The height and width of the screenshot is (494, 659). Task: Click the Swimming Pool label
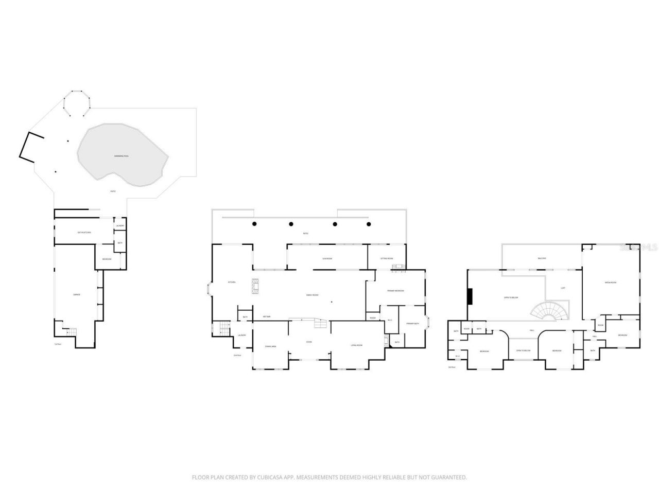click(122, 156)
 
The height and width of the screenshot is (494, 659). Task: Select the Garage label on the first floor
click(76, 294)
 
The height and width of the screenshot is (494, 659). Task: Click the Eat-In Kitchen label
click(84, 233)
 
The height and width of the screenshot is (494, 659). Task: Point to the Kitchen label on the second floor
click(232, 282)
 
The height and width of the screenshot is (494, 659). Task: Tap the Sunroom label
click(327, 258)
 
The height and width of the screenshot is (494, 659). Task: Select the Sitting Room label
click(387, 258)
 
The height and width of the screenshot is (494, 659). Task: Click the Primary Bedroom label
click(395, 291)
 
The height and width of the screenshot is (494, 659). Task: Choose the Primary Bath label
click(413, 324)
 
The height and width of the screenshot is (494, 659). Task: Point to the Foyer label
click(309, 342)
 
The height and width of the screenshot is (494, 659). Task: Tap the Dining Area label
click(270, 346)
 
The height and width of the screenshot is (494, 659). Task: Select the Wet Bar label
click(267, 316)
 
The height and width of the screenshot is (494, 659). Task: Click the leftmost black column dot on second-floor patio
click(254, 224)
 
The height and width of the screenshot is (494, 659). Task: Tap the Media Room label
click(611, 283)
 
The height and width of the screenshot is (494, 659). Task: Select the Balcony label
click(542, 258)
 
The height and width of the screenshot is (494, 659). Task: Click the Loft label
click(563, 288)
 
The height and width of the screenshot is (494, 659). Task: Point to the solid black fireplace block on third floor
click(470, 297)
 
